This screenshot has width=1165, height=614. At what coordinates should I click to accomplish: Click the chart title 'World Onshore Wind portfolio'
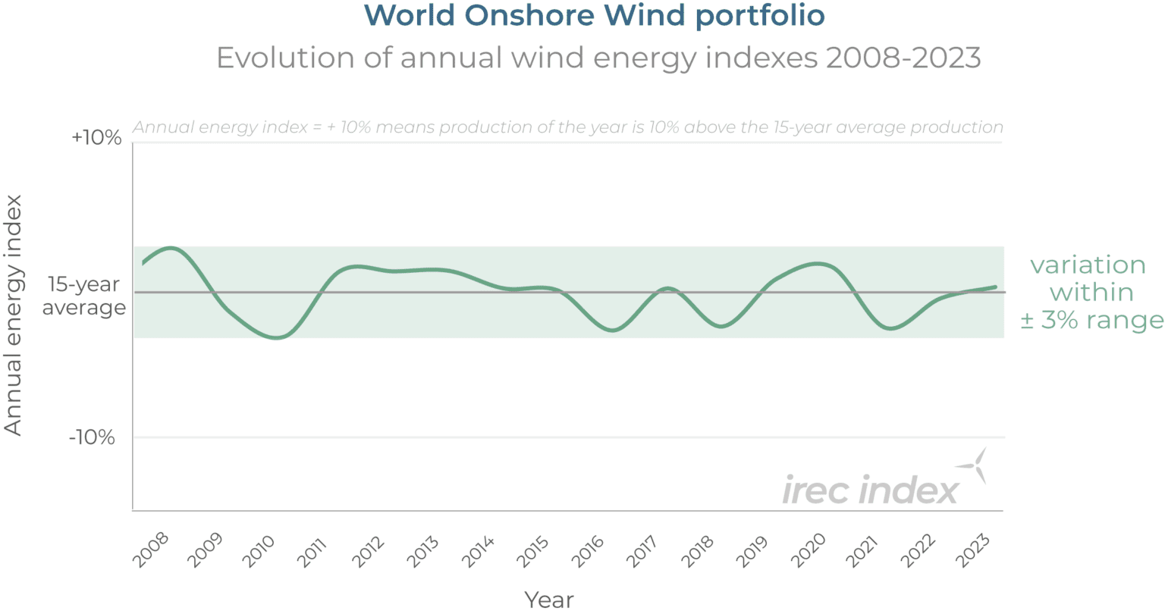[x=595, y=16]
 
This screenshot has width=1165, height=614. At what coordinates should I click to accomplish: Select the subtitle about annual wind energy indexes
[x=598, y=58]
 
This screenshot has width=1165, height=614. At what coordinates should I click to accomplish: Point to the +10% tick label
[x=96, y=138]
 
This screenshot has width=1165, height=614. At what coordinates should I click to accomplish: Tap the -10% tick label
[x=92, y=437]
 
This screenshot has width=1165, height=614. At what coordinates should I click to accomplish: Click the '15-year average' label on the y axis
[x=84, y=296]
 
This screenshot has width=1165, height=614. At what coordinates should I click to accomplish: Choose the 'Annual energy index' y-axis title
[x=14, y=315]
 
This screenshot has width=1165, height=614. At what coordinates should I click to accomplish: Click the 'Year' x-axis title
[x=549, y=600]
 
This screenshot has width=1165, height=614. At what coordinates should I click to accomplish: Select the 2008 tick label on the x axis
[x=151, y=550]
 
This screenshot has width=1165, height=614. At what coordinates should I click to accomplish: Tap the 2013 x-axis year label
[x=423, y=550]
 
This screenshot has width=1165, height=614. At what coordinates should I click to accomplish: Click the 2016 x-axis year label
[x=588, y=550]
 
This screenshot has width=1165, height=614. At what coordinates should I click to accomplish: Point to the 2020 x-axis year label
[x=807, y=550]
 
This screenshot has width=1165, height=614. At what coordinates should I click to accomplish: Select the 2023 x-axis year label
[x=972, y=550]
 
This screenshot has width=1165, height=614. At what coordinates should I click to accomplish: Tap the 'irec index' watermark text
[x=870, y=490]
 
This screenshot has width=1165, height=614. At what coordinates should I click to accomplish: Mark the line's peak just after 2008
[x=171, y=248]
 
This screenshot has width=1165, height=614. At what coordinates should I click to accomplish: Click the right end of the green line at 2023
[x=995, y=287]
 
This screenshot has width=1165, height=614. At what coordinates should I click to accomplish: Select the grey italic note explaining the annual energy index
[x=568, y=127]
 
